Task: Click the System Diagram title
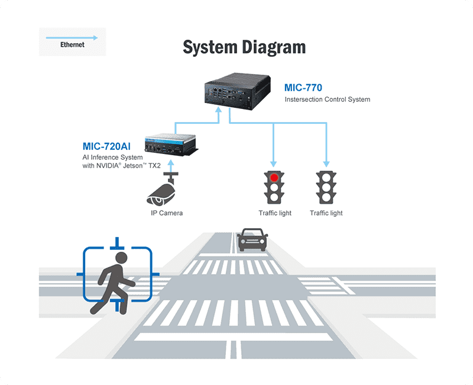click(x=244, y=47)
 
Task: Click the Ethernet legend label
click(x=72, y=44)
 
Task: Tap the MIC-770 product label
click(x=303, y=88)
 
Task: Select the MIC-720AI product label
click(x=106, y=146)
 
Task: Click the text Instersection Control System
click(x=327, y=100)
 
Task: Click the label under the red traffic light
click(x=275, y=213)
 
